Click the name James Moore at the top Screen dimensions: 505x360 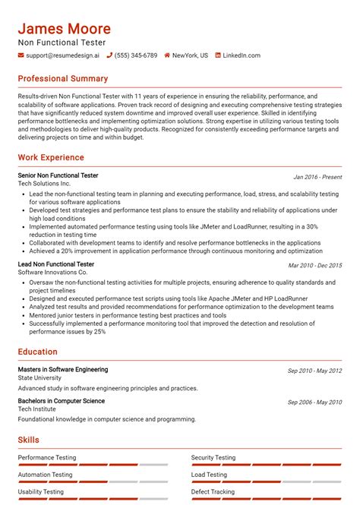click(65, 29)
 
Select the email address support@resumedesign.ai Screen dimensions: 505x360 click(62, 55)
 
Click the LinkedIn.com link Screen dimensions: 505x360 click(242, 55)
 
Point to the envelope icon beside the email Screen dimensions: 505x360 click(21, 55)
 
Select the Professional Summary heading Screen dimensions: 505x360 click(63, 79)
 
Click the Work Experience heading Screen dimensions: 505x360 click(51, 158)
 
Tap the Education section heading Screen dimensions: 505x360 click(38, 352)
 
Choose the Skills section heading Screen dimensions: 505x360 click(29, 440)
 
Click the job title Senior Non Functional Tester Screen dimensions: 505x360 click(58, 175)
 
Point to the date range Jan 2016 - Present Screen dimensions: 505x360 click(317, 177)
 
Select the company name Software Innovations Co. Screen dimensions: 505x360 click(52, 272)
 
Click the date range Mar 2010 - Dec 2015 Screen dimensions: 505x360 click(314, 265)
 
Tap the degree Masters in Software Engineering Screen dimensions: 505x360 click(63, 370)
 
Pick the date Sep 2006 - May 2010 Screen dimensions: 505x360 click(314, 402)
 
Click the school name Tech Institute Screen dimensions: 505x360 click(38, 409)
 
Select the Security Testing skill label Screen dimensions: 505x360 click(213, 458)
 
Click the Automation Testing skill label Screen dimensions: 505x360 click(46, 475)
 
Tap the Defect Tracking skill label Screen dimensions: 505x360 click(213, 491)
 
